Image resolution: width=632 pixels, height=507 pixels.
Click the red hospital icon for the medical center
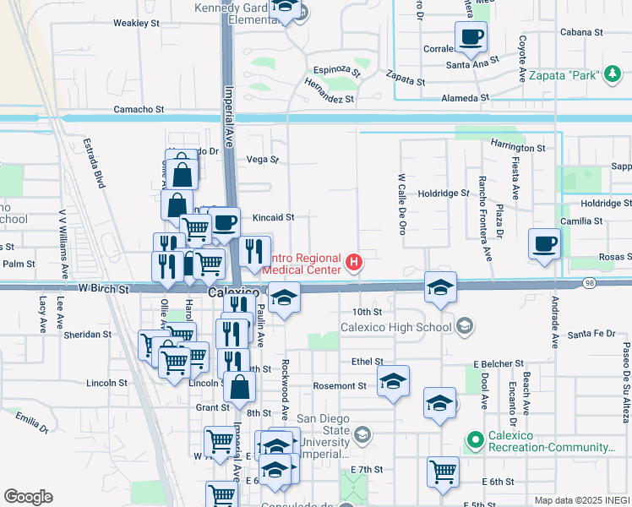tap(354, 264)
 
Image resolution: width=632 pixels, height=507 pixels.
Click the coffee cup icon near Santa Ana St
tap(471, 36)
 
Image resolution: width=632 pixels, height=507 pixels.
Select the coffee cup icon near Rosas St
tap(544, 243)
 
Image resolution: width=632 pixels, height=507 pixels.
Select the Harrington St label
tap(518, 148)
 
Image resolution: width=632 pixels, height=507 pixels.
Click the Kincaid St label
tap(273, 217)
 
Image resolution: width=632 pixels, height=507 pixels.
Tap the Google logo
tap(28, 496)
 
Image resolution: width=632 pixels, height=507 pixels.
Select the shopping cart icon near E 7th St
tap(443, 472)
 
